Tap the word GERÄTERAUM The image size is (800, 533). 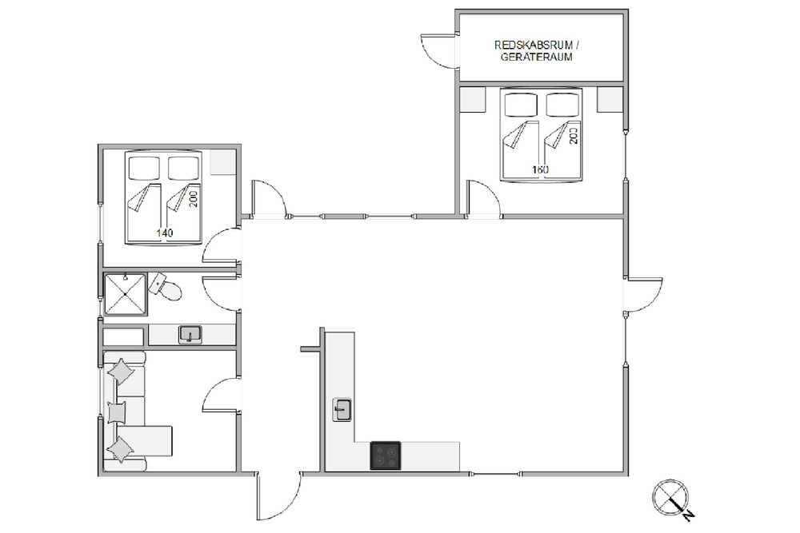pos(536,57)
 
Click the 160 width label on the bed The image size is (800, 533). pos(540,169)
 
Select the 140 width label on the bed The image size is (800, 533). pos(164,233)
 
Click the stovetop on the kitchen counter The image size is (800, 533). pos(386,455)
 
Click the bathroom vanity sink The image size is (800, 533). pos(190,335)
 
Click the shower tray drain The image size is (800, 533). pos(125,295)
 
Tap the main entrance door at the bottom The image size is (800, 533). pos(278,495)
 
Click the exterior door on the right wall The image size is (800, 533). pos(644,295)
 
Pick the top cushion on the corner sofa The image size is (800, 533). pos(122,371)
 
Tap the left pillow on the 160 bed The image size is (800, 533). pos(521,105)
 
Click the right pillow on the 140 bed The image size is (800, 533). pos(183,168)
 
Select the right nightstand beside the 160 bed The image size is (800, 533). pos(610,99)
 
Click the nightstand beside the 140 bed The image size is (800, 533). pos(223,162)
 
